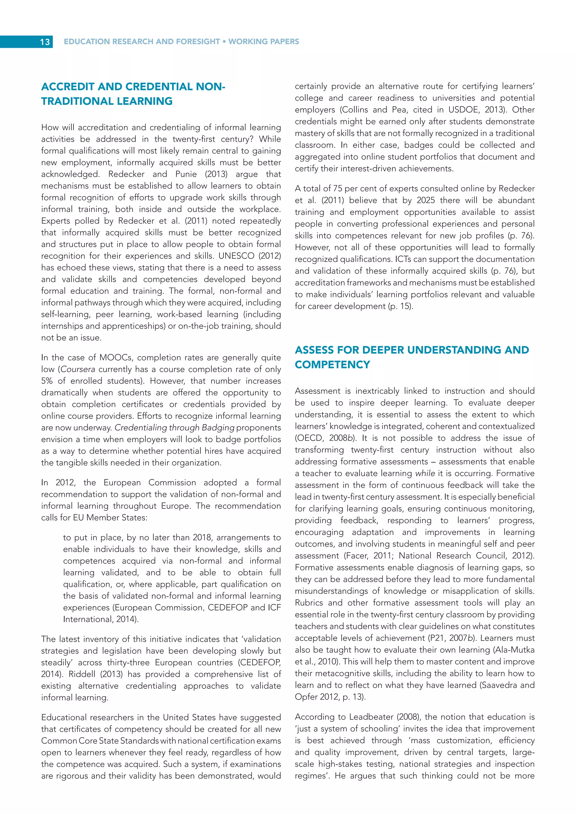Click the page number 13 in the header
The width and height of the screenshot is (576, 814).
pyautogui.click(x=45, y=42)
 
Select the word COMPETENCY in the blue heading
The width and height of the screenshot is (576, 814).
pyautogui.click(x=332, y=365)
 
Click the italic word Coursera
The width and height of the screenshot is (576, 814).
pyautogui.click(x=78, y=369)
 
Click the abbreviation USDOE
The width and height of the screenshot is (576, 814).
pyautogui.click(x=462, y=110)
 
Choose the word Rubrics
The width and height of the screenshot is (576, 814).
pyautogui.click(x=309, y=603)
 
